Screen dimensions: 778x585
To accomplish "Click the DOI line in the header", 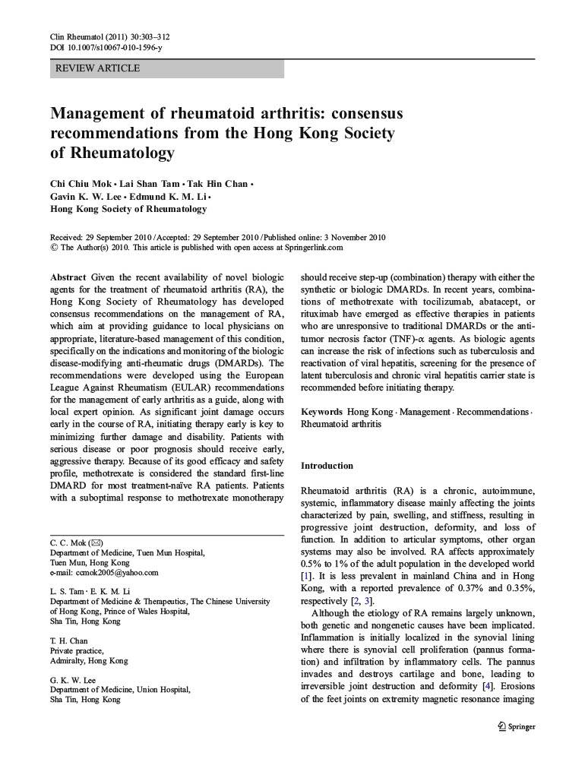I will point(106,47).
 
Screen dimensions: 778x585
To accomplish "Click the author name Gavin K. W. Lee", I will point(79,196).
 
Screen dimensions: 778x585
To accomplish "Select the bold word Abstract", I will point(68,277).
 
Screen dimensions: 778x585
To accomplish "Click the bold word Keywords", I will point(321,412).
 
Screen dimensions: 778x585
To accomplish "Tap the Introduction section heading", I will point(327,466).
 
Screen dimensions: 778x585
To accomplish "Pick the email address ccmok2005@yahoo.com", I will point(104,573).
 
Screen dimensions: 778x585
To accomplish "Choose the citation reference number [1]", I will point(306,575).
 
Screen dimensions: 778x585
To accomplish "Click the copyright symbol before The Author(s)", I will point(53,248).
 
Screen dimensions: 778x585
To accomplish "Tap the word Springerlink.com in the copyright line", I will point(312,247).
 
